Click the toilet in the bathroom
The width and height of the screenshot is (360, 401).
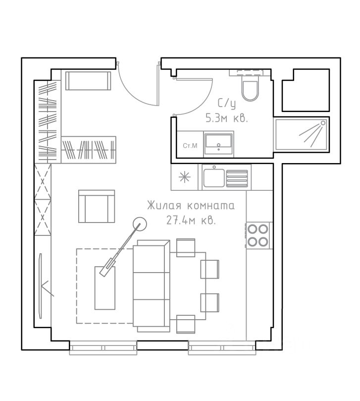(250, 90)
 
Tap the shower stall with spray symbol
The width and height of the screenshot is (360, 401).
(301, 134)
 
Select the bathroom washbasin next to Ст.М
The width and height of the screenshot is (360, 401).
(219, 144)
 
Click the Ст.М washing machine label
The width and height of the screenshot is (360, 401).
(190, 146)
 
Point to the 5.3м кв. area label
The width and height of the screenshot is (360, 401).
(227, 118)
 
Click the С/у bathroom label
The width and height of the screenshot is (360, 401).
(226, 104)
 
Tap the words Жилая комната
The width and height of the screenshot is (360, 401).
(191, 206)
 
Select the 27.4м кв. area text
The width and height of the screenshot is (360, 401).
(191, 220)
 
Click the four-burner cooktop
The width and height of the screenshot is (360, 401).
(258, 235)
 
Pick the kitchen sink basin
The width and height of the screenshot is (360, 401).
(214, 178)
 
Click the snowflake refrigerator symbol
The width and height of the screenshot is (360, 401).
(185, 177)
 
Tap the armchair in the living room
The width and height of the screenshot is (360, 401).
(97, 206)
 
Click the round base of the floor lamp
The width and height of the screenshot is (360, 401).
(140, 224)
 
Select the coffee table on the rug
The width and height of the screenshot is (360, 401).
(105, 288)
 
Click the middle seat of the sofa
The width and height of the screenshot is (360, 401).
(151, 286)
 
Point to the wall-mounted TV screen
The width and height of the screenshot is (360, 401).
(40, 286)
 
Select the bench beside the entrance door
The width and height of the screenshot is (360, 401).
(88, 81)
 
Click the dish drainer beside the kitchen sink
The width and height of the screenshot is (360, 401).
(237, 178)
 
